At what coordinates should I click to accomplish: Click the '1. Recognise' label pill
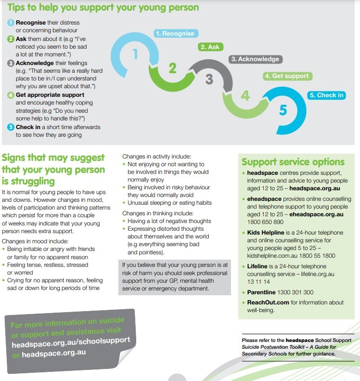click(176, 34)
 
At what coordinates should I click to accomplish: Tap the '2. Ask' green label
click(210, 47)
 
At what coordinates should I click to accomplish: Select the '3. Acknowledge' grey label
click(256, 59)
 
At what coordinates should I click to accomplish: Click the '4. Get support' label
click(287, 76)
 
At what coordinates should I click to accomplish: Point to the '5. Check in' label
click(326, 95)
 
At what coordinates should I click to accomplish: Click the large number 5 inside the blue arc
click(283, 110)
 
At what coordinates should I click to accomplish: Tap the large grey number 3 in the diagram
click(209, 79)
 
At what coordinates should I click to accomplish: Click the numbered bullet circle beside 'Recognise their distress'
click(11, 23)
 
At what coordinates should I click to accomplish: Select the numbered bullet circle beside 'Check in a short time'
click(11, 127)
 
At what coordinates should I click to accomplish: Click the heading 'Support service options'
click(293, 162)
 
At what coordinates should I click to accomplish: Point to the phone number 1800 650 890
click(265, 222)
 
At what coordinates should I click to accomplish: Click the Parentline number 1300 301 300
click(295, 292)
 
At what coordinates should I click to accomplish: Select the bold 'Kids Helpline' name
click(266, 233)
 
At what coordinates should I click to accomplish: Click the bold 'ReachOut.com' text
click(268, 302)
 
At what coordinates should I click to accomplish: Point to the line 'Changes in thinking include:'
click(158, 213)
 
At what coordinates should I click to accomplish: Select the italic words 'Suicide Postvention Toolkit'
click(273, 347)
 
